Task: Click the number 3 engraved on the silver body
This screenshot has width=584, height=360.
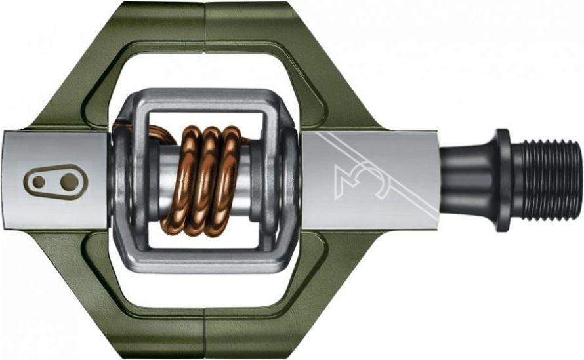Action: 352,182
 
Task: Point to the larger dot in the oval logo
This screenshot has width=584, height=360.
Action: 70,182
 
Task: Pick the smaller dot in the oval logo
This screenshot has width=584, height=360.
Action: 39,182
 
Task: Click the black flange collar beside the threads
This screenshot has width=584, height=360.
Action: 503,181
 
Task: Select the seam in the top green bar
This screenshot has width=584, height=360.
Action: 205,26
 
